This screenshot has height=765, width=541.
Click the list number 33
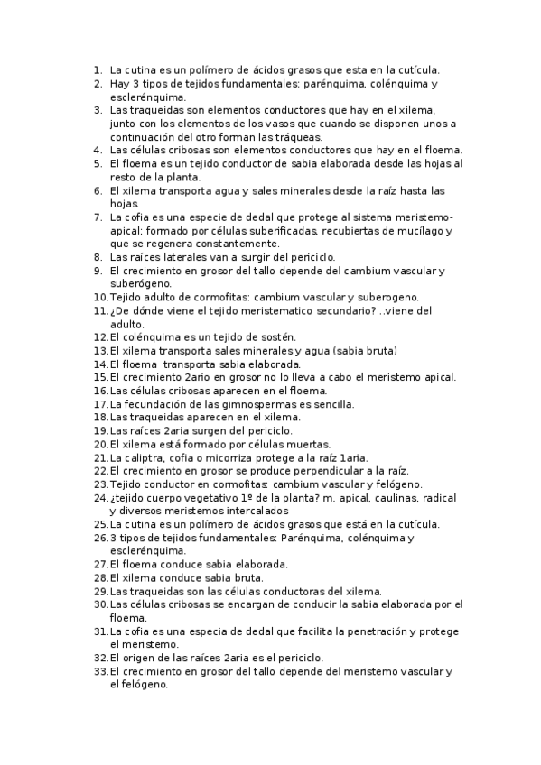[x=99, y=671]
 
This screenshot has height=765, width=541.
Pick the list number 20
[x=99, y=444]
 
